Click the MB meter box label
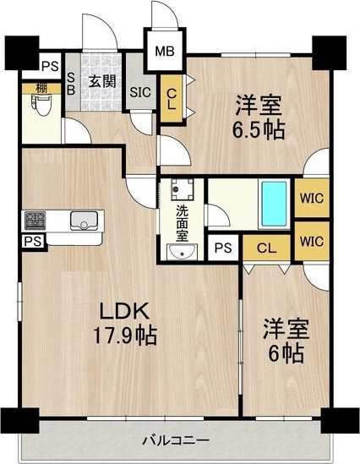(x=165, y=52)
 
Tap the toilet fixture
(x=41, y=105)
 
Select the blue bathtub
(x=275, y=204)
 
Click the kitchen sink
(x=84, y=221)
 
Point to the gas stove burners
(x=35, y=221)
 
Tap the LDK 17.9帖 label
(x=125, y=324)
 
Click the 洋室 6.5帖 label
(x=259, y=117)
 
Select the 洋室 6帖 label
(x=286, y=341)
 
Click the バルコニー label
(x=177, y=440)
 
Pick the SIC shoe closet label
(x=140, y=93)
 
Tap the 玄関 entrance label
(x=102, y=81)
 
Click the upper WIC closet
(x=312, y=198)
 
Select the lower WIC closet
(x=312, y=242)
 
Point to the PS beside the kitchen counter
(x=33, y=242)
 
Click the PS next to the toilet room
(x=50, y=66)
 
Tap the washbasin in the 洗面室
(x=182, y=252)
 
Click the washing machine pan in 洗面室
(x=183, y=189)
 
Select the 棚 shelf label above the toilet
(x=41, y=88)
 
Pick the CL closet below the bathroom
(x=266, y=248)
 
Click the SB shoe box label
(x=71, y=84)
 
